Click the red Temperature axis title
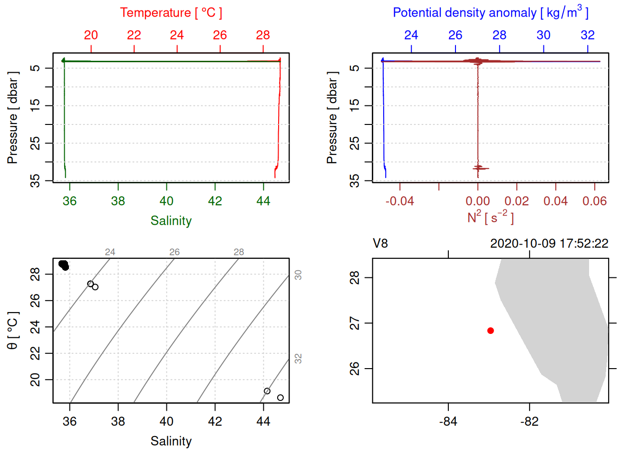[171, 13]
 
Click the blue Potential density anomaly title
[490, 12]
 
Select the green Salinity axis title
[171, 221]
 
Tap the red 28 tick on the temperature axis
[263, 35]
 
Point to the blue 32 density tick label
[587, 35]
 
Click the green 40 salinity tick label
[166, 201]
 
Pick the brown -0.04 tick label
[399, 201]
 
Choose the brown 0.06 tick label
[594, 201]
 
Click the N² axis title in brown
[490, 218]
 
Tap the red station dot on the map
[491, 331]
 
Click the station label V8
[380, 244]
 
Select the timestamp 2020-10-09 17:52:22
[549, 244]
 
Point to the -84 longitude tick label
[448, 422]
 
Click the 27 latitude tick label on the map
[355, 323]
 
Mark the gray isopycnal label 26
[174, 252]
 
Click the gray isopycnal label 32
[298, 359]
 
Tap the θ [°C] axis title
[12, 331]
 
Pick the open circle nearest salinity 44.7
[281, 398]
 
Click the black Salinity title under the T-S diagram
[171, 441]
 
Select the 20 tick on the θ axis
[35, 380]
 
